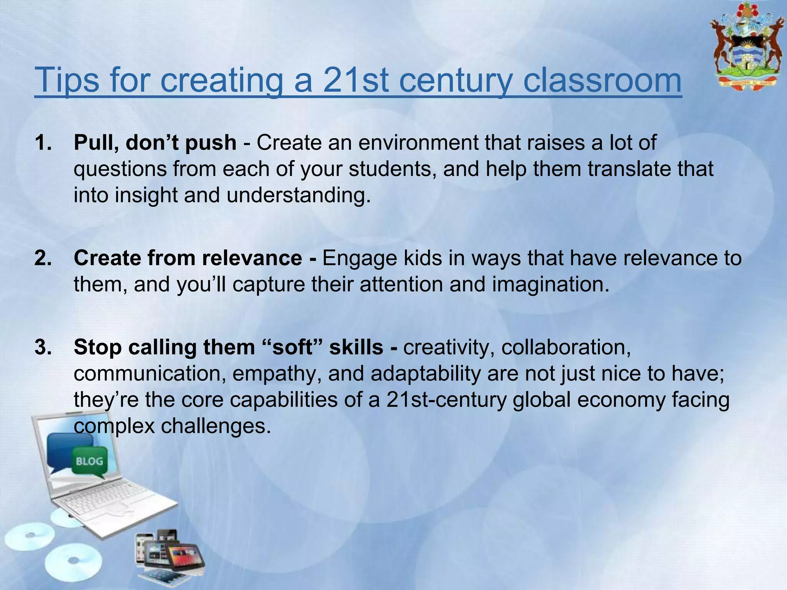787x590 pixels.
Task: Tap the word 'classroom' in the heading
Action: [x=602, y=80]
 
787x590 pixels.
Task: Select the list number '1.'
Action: [x=43, y=143]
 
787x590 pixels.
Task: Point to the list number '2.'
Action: [x=43, y=258]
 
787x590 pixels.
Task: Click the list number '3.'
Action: [x=43, y=347]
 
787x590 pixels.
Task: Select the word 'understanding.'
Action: [x=299, y=195]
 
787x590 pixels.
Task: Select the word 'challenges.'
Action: [x=216, y=426]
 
